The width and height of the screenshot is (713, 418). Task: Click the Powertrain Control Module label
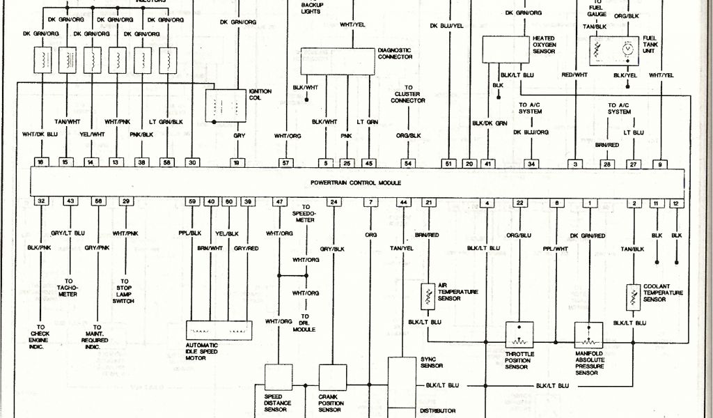[356, 183]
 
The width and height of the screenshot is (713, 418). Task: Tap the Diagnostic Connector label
[395, 54]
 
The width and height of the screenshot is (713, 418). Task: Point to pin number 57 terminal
[284, 163]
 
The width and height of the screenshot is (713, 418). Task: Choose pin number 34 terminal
[531, 164]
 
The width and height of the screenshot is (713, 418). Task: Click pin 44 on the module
[402, 202]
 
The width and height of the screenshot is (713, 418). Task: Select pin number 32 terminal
[42, 201]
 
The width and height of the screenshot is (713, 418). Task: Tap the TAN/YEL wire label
[402, 248]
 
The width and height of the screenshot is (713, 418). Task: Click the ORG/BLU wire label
[519, 235]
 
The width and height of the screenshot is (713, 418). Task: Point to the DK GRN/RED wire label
[589, 235]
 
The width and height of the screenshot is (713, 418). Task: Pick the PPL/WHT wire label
[556, 248]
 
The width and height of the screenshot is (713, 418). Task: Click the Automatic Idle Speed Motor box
[218, 330]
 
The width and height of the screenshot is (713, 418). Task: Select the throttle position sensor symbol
[519, 335]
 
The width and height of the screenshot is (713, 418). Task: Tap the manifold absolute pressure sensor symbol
[589, 335]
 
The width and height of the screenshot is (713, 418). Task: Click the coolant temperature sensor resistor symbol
[633, 295]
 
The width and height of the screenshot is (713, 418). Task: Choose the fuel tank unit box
[613, 49]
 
